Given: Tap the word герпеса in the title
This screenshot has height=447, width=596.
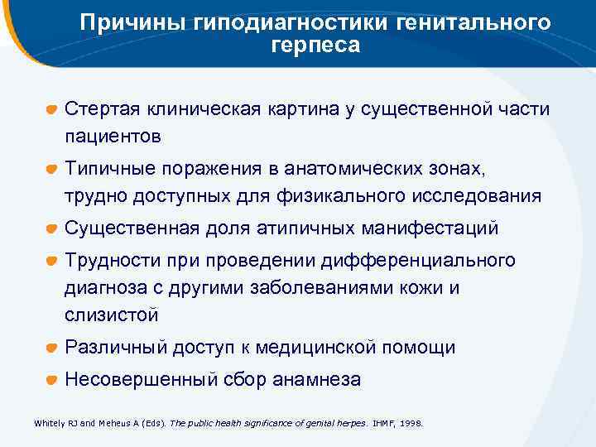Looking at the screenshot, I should pos(315,45).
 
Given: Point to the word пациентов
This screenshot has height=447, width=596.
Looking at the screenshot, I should pos(113,134).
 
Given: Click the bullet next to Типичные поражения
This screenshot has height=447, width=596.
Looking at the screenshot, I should pos(51,170).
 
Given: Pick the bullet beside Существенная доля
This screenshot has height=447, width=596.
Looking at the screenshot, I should pos(51,228).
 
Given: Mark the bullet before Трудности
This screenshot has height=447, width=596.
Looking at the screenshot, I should pos(51,262).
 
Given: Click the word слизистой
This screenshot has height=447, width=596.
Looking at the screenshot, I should pos(111,315).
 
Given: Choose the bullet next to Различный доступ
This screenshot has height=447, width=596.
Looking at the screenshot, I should pos(51,348).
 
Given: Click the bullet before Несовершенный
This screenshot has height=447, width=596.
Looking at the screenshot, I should pos(51,381).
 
